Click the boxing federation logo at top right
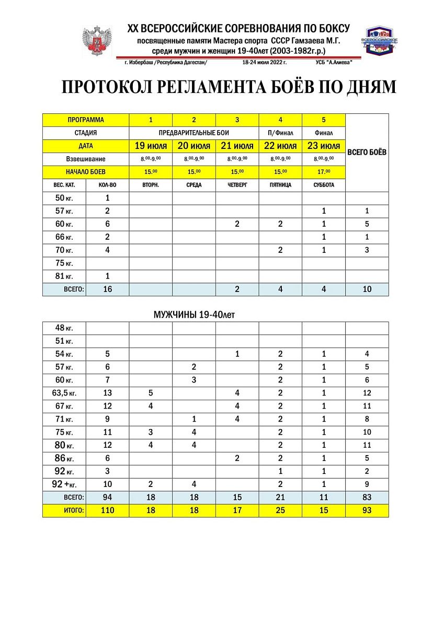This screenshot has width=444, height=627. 380,41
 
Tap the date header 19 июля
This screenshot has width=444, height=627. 151,146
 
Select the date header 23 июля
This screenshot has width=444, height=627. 324,146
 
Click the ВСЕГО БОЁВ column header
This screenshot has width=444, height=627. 367,152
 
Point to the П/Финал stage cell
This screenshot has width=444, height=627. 280,133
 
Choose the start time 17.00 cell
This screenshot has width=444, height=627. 324,172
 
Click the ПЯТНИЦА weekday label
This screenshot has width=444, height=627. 280,185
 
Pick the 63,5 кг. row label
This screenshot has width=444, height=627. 64,393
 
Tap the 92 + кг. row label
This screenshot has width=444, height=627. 64,484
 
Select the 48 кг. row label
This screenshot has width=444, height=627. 64,328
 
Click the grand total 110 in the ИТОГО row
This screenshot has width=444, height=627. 108,510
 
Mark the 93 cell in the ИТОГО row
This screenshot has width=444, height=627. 367,510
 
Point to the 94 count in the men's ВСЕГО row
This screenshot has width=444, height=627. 108,497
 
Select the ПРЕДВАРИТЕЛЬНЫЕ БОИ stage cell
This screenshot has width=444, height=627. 194,133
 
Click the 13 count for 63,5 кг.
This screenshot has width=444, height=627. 108,393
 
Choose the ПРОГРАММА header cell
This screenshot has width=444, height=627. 86,120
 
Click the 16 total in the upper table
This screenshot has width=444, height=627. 108,289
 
